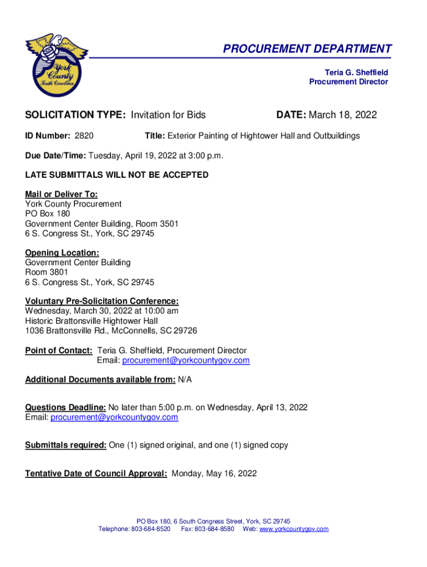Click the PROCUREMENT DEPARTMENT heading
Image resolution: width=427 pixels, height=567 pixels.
[307, 49]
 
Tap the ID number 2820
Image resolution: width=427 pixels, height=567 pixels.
[84, 136]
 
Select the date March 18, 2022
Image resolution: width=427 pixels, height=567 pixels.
[342, 115]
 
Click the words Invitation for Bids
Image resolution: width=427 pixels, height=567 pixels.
[168, 115]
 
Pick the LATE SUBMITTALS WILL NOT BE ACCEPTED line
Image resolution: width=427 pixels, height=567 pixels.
[116, 175]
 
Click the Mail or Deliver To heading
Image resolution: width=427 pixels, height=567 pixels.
[61, 194]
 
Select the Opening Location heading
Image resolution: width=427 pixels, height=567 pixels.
[62, 252]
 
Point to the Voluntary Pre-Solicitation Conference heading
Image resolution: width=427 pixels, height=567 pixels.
[101, 301]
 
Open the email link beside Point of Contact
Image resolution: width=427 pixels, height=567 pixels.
[186, 360]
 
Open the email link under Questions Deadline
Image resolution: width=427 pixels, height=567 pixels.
[114, 417]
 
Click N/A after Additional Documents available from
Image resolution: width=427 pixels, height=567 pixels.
[185, 380]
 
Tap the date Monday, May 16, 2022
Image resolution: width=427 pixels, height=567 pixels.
[215, 473]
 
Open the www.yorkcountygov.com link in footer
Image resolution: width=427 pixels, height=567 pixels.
[294, 529]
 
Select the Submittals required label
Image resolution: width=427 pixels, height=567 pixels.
[65, 445]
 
